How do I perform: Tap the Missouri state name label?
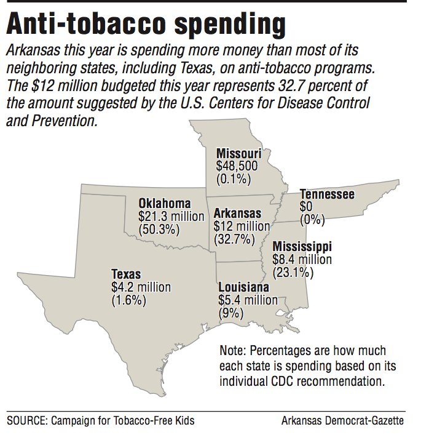[239, 154]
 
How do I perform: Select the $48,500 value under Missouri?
[237, 166]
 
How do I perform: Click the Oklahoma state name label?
[164, 204]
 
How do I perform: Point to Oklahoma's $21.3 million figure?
[171, 217]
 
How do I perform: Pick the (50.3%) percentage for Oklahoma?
[159, 230]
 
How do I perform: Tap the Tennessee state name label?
[327, 194]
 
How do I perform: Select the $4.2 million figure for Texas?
[141, 287]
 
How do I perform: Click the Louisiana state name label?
[243, 287]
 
